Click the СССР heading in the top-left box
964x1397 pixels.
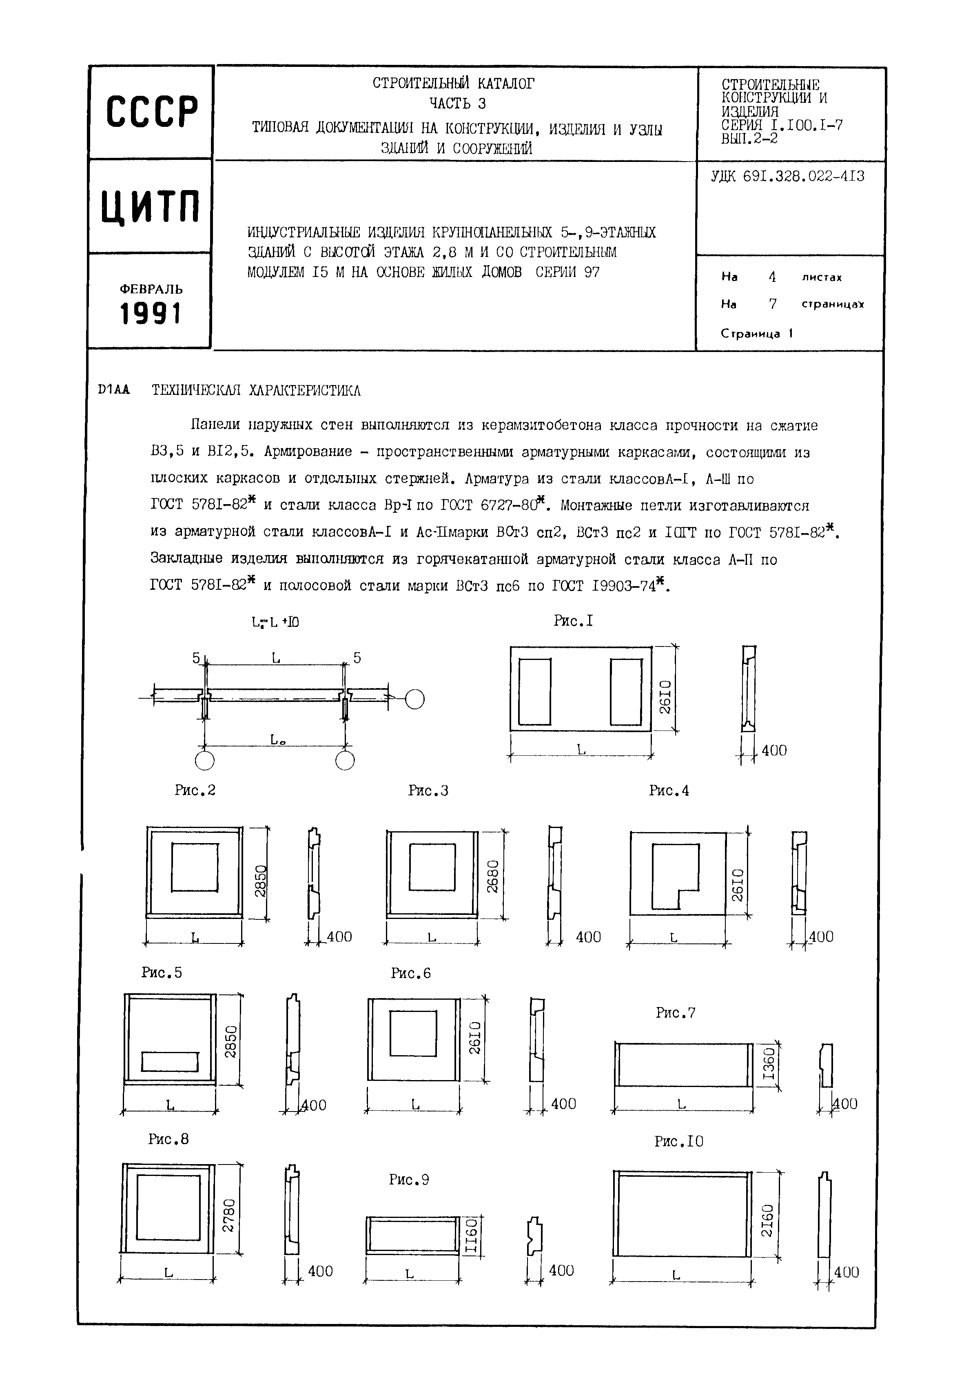[x=152, y=112]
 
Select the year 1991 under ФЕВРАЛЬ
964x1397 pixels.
[x=151, y=314]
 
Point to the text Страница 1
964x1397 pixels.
[x=756, y=333]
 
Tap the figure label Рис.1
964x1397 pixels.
[x=573, y=621]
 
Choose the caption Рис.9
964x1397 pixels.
[x=409, y=1179]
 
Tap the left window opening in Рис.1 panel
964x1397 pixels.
[x=534, y=691]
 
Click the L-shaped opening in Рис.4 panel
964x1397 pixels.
[x=674, y=874]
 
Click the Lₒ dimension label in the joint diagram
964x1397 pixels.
[x=277, y=739]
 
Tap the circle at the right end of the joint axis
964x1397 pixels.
[x=414, y=699]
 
